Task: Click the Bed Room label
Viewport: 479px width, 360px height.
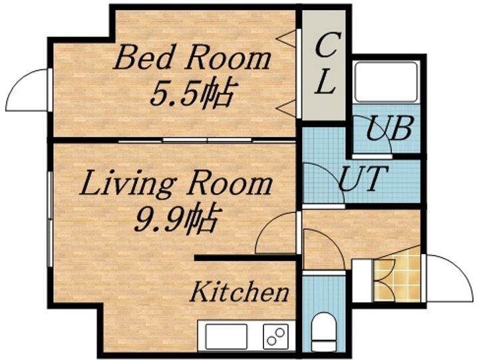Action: tap(192, 57)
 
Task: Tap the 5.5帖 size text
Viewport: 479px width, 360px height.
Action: tap(190, 93)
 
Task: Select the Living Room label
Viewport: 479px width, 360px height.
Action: tap(176, 184)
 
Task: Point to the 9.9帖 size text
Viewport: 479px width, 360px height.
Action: tap(176, 218)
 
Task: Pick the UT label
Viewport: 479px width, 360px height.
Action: tap(363, 178)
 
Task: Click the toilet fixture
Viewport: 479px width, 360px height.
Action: tap(324, 331)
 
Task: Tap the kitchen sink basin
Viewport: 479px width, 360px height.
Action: tap(226, 337)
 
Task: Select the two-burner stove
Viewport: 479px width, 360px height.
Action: tap(275, 337)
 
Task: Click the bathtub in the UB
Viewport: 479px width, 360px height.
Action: tap(386, 82)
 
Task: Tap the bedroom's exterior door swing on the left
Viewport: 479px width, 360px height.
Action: tap(27, 90)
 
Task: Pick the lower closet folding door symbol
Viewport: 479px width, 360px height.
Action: tap(287, 108)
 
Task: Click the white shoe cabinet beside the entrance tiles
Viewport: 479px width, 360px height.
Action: tap(362, 281)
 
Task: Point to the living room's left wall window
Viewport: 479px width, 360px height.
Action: tap(50, 219)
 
